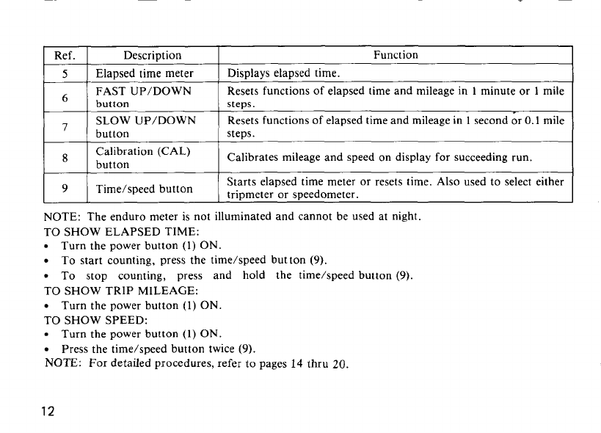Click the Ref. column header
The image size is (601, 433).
tap(65, 55)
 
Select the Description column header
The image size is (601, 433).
tap(153, 55)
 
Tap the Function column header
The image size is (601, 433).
tap(396, 55)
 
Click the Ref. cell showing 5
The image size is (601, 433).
tap(65, 73)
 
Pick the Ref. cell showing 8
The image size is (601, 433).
tap(65, 157)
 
